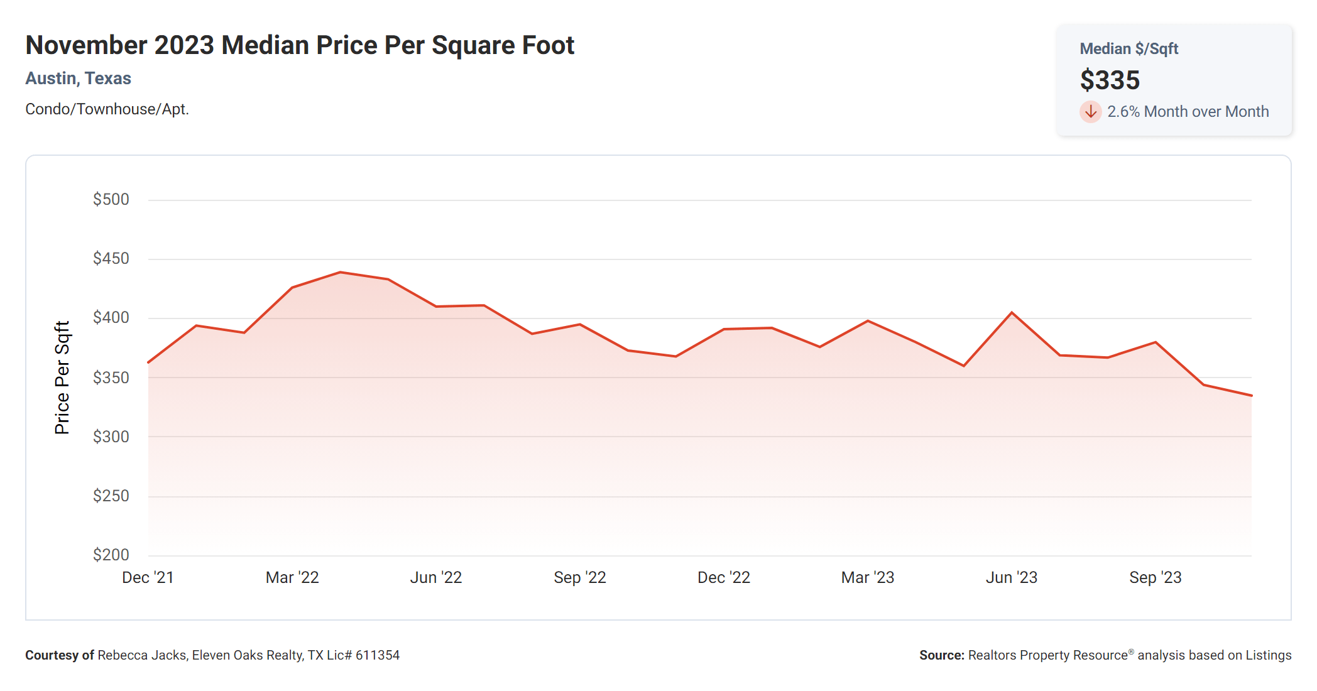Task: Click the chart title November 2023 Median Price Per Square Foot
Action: pyautogui.click(x=300, y=45)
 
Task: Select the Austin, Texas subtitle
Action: pyautogui.click(x=78, y=79)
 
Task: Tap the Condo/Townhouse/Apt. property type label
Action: pyautogui.click(x=107, y=109)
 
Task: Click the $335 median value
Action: pyautogui.click(x=1110, y=80)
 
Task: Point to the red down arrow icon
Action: pyautogui.click(x=1091, y=112)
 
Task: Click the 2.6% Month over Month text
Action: pyautogui.click(x=1188, y=112)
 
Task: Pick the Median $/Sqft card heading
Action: pyautogui.click(x=1128, y=49)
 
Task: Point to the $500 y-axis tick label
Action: pyautogui.click(x=111, y=200)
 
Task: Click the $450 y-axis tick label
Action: pyautogui.click(x=111, y=259)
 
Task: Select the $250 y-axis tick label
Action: pyautogui.click(x=111, y=496)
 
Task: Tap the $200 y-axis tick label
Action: pyautogui.click(x=111, y=555)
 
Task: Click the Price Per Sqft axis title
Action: pyautogui.click(x=62, y=378)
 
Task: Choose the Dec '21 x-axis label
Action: pyautogui.click(x=148, y=578)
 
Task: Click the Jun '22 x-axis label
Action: pyautogui.click(x=436, y=578)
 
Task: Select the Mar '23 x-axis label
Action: pyautogui.click(x=868, y=578)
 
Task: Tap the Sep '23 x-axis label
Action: pyautogui.click(x=1156, y=578)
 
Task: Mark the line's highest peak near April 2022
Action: pyautogui.click(x=340, y=273)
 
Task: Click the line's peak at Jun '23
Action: pyautogui.click(x=1012, y=313)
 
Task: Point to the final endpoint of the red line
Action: pyautogui.click(x=1251, y=396)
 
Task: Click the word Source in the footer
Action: pyautogui.click(x=941, y=656)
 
